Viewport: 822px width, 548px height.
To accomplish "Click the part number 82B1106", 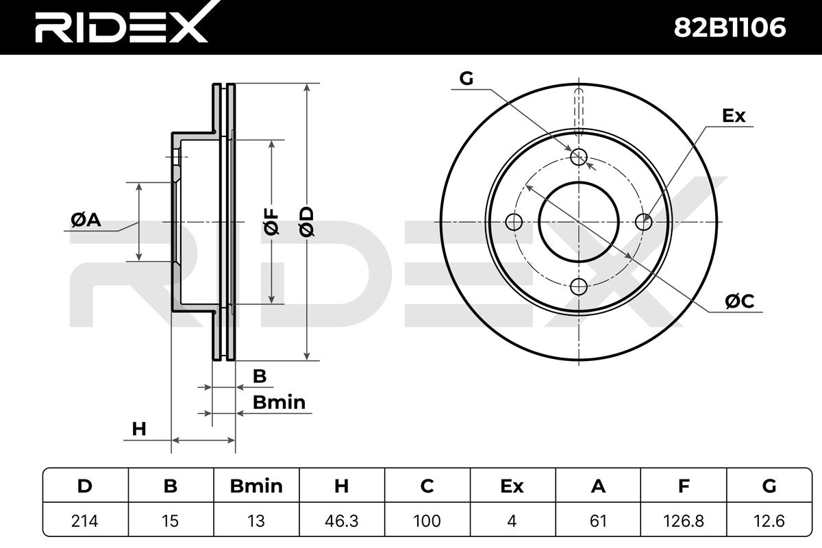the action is click(730, 27).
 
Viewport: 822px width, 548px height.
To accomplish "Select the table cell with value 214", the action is click(85, 521).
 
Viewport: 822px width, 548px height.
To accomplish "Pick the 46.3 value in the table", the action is click(341, 521).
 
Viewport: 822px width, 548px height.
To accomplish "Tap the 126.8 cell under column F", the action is click(684, 521).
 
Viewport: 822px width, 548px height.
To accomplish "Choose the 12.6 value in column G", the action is click(769, 521).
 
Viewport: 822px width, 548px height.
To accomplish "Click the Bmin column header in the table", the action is click(256, 486).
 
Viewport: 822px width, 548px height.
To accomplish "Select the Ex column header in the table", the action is click(512, 486).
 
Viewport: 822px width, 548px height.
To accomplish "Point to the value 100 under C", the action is click(427, 521).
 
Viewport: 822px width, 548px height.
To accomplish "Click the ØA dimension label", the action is click(86, 220).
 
